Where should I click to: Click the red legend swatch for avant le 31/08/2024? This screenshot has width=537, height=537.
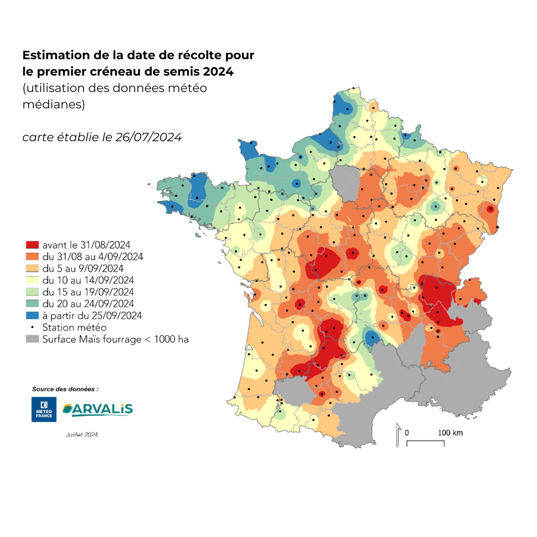click(32, 245)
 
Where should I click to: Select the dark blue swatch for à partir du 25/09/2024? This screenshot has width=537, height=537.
click(32, 315)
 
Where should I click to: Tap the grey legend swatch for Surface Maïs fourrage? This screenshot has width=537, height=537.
click(32, 339)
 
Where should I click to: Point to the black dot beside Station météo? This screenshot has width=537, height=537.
click(32, 327)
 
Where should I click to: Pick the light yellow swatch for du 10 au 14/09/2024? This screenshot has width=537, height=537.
click(32, 280)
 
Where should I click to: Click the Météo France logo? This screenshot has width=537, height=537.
click(40, 409)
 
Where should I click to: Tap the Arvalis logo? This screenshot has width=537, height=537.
click(97, 409)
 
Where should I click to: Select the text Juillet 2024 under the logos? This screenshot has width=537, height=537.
click(81, 434)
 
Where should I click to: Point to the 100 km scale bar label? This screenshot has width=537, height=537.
click(450, 433)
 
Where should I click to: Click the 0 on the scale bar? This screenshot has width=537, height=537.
click(407, 433)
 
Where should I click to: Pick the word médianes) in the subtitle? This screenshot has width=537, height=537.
click(54, 105)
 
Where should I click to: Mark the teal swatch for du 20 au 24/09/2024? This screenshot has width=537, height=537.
click(32, 304)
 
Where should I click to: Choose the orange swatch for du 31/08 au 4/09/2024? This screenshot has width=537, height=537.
click(32, 257)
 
